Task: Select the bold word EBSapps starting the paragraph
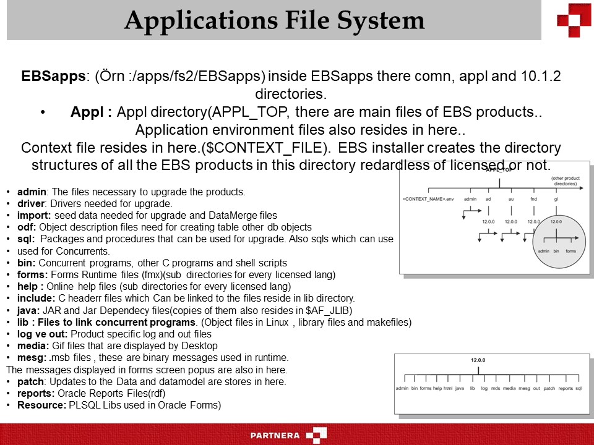(x=53, y=77)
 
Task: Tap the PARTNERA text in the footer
(x=275, y=435)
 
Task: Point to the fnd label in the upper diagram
(x=534, y=199)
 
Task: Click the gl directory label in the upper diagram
(x=556, y=199)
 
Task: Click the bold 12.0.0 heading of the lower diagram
(x=478, y=359)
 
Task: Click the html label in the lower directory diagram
(x=448, y=388)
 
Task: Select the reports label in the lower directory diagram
(x=566, y=388)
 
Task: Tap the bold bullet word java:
(x=28, y=310)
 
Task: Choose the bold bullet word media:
(x=32, y=346)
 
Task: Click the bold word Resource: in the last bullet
(x=41, y=405)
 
